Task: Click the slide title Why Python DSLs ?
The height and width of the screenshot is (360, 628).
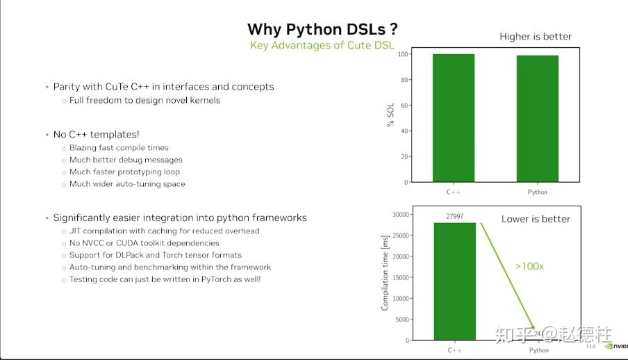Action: (x=322, y=29)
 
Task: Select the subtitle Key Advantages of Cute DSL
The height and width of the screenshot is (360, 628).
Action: (x=322, y=46)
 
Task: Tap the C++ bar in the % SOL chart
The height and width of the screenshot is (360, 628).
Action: (x=454, y=118)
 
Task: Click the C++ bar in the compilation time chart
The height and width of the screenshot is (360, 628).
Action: (x=455, y=281)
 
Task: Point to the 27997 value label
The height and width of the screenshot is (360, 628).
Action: (x=455, y=217)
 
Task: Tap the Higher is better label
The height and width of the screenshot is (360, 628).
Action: (x=536, y=36)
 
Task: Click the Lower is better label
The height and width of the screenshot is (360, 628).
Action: (x=536, y=219)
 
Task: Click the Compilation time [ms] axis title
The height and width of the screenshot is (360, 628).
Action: (x=385, y=272)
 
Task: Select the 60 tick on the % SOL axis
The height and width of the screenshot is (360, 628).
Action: (x=404, y=106)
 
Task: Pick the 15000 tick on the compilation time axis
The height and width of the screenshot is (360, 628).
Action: (x=399, y=277)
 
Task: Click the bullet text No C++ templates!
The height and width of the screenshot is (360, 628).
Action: (x=96, y=134)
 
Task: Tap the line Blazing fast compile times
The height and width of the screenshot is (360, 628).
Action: (x=119, y=147)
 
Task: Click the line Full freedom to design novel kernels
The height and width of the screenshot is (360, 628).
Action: (x=144, y=100)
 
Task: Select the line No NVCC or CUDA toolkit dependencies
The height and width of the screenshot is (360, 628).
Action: (x=144, y=243)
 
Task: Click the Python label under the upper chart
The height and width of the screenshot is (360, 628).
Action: (x=537, y=192)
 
